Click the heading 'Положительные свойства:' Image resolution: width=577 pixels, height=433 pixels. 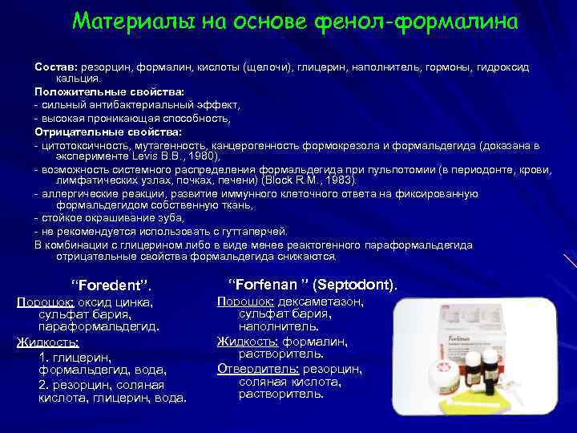(x=109, y=92)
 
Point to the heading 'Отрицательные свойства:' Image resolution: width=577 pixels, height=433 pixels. (x=108, y=131)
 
